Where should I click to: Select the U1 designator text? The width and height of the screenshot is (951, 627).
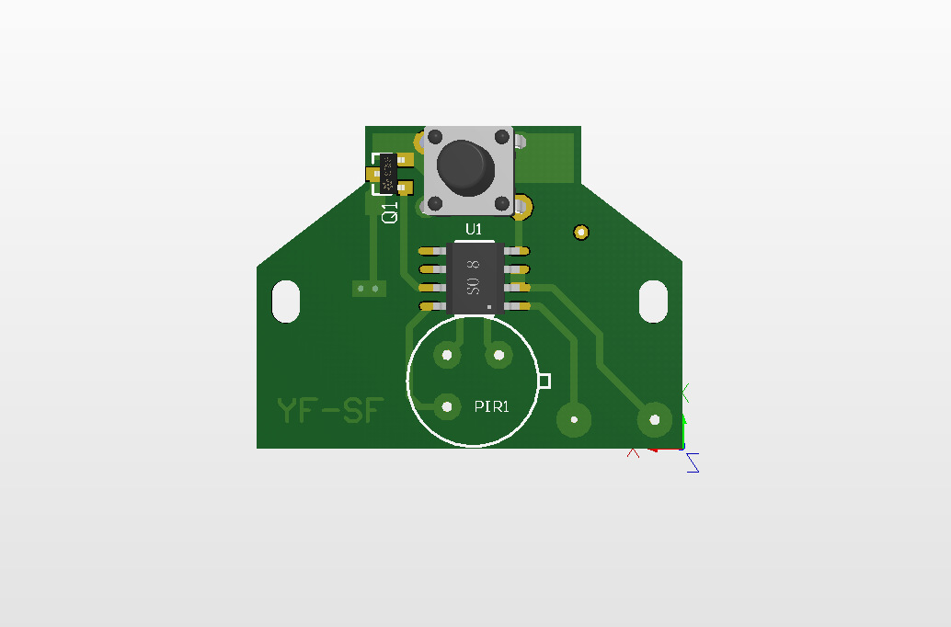(x=474, y=229)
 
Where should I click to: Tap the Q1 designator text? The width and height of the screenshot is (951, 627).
(x=390, y=212)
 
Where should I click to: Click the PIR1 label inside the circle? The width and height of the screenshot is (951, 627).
(x=491, y=406)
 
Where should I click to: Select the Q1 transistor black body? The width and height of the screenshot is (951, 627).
(x=389, y=174)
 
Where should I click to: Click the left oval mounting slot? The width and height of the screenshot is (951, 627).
(x=286, y=302)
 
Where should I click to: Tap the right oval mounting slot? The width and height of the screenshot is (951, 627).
(x=654, y=301)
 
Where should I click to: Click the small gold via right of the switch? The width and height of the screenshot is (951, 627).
(x=580, y=232)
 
